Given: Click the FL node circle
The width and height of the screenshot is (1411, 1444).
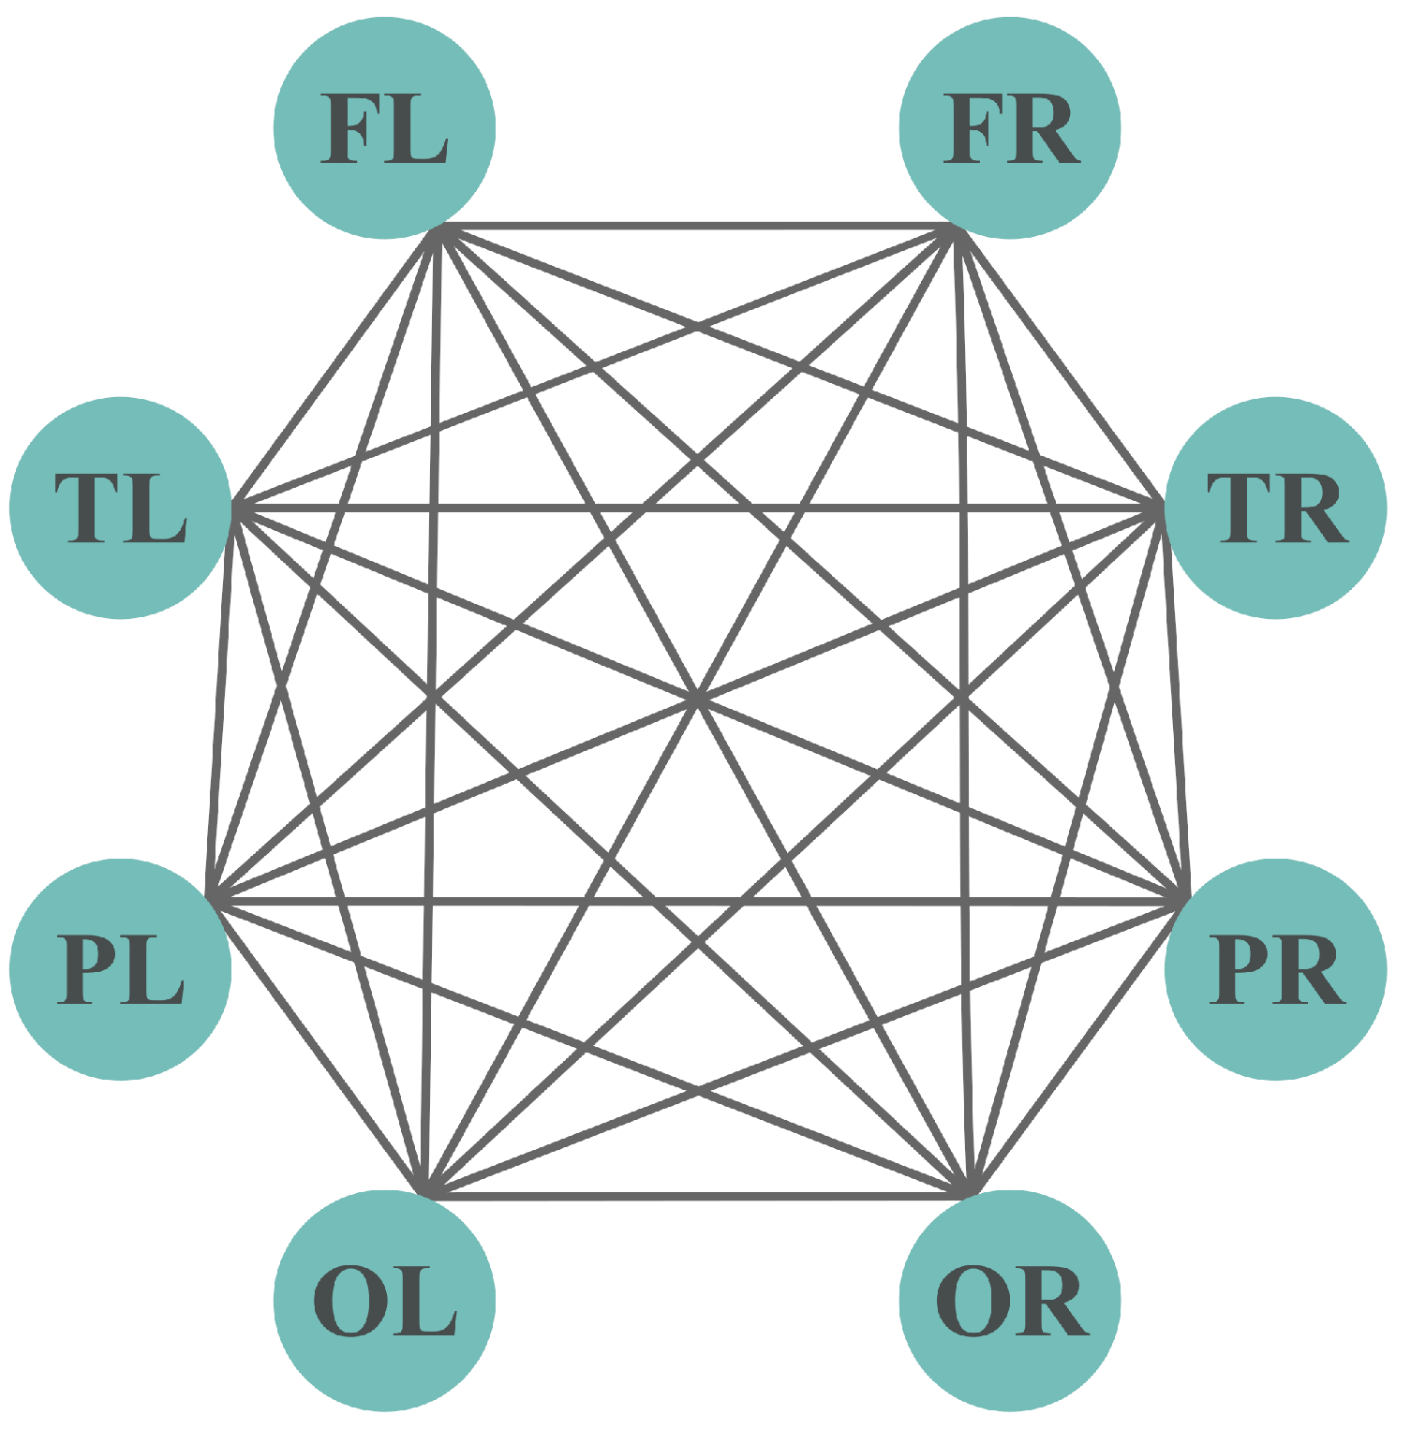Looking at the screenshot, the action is (x=384, y=128).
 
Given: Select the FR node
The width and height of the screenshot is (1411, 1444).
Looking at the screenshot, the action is (x=1009, y=128).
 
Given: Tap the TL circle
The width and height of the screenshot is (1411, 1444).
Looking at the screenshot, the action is (x=121, y=508).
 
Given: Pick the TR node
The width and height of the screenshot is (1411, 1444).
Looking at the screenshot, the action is (x=1275, y=508).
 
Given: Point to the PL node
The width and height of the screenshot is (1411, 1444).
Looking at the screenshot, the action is (x=121, y=969).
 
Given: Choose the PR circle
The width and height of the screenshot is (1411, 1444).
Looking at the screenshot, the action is (x=1275, y=969).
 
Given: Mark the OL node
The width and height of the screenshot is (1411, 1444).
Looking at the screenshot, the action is (x=384, y=1301).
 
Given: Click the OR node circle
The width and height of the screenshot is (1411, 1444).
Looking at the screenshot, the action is (x=1009, y=1301).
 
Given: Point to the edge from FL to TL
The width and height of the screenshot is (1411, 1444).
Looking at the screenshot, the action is (x=337, y=365).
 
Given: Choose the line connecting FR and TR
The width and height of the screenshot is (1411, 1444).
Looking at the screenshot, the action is (x=1059, y=365).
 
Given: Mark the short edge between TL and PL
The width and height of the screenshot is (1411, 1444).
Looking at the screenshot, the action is (x=223, y=702).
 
